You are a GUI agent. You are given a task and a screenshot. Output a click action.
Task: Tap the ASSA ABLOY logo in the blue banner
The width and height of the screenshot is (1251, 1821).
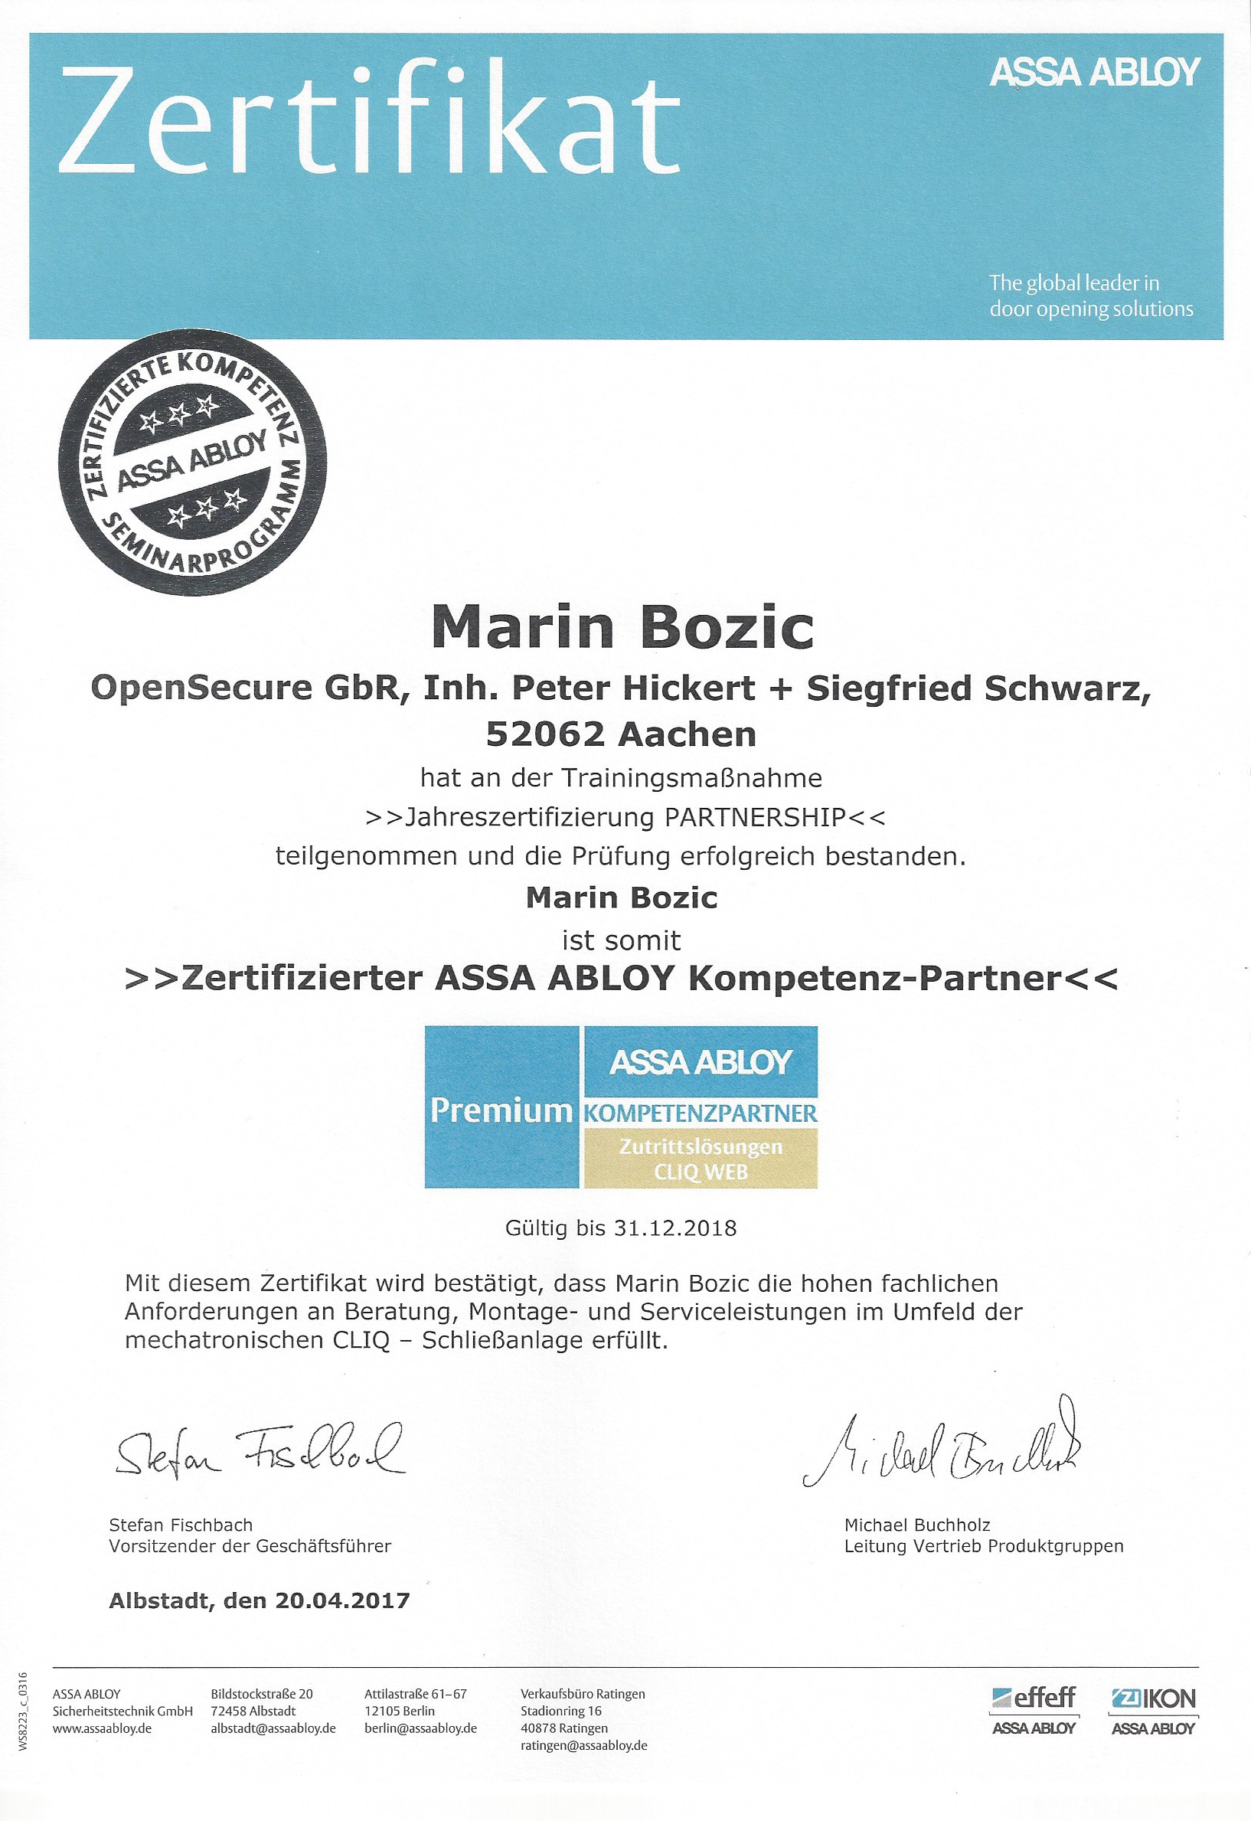[1094, 72]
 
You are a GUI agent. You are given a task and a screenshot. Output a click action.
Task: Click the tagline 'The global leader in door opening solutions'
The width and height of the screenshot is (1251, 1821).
[1090, 296]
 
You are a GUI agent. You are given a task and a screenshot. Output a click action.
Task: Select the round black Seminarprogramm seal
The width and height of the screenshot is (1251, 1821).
[193, 462]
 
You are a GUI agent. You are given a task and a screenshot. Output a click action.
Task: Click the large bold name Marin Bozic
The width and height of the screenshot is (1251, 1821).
[622, 628]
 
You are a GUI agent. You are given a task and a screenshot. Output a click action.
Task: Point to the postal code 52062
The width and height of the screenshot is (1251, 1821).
[546, 734]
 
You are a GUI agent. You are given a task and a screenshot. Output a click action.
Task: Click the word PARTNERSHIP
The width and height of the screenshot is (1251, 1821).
[755, 817]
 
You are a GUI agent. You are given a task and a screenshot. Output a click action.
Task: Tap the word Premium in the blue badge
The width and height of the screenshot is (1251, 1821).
[501, 1110]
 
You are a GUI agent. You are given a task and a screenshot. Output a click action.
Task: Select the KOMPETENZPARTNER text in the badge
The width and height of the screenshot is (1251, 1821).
[700, 1113]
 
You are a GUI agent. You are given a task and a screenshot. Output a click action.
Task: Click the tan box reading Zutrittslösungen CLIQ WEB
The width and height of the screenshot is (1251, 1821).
[701, 1159]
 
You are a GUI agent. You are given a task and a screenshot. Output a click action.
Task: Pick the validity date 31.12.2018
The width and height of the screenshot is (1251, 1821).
[675, 1228]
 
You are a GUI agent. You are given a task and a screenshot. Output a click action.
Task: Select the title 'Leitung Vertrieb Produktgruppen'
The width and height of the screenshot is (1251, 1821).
[983, 1546]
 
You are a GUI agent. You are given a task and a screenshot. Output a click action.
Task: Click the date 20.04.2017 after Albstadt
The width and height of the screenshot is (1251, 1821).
[341, 1600]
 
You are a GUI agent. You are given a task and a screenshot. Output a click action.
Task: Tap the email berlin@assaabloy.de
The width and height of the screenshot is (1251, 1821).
[420, 1728]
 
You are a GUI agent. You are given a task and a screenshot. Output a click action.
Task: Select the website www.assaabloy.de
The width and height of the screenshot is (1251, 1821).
[102, 1728]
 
